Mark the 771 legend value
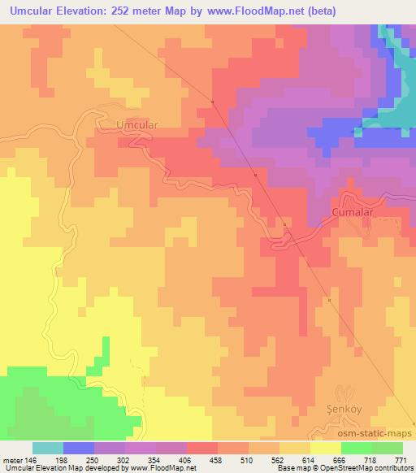401,459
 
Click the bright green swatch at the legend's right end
387,448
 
